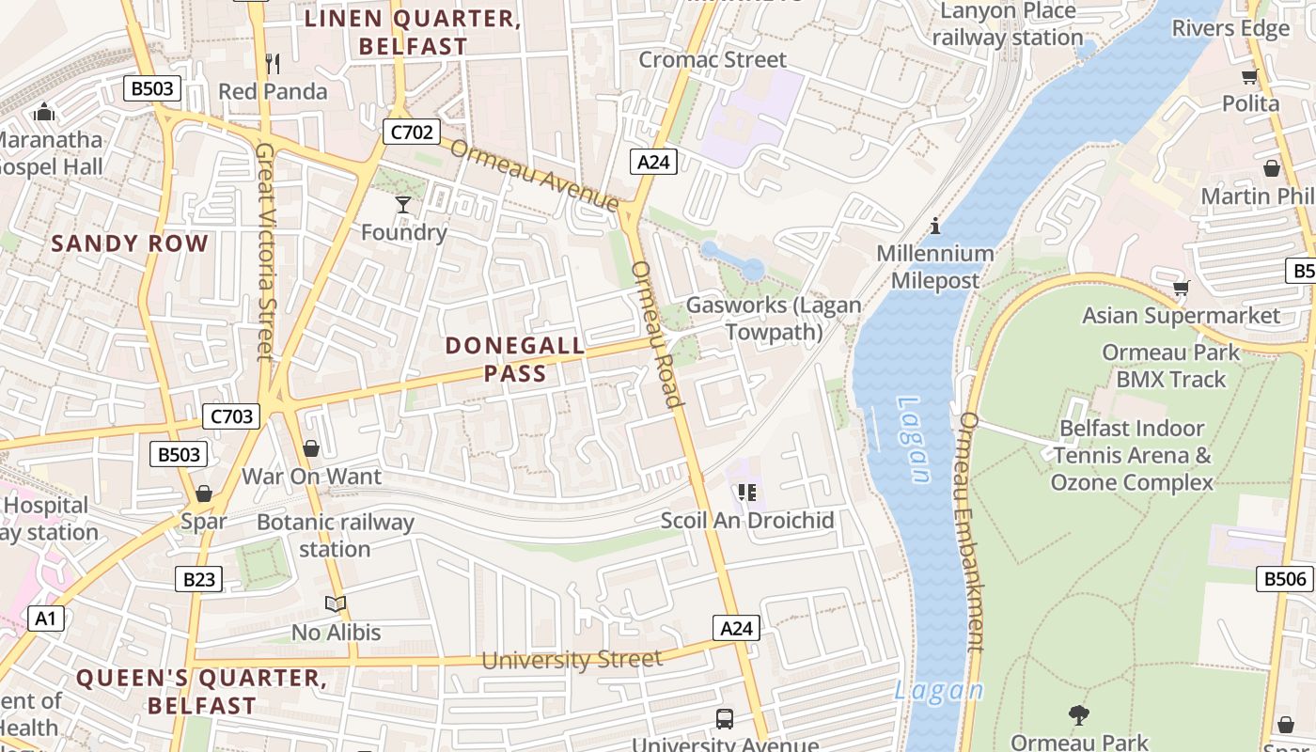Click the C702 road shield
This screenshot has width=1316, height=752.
pos(412,133)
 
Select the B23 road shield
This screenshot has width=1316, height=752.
pos(199,579)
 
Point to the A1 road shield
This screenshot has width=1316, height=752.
pos(45,619)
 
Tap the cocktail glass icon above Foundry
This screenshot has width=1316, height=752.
pos(403,204)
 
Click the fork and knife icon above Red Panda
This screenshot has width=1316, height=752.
pos(273,64)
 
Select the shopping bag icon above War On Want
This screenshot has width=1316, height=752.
pos(311,448)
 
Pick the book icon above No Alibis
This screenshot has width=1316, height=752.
pos(336,604)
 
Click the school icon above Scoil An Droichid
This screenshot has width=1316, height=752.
pos(747,493)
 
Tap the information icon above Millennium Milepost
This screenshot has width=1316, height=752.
pos(935,226)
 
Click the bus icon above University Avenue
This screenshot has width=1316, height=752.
pos(725,719)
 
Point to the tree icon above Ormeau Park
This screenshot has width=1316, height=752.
pos(1079,715)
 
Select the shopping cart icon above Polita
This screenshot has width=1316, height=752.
pos(1249,77)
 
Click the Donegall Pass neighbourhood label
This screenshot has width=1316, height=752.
pos(515,359)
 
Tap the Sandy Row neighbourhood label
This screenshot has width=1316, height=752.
pos(130,243)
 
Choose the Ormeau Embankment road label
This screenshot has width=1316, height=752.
pos(969,531)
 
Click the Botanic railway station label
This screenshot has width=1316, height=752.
pos(336,536)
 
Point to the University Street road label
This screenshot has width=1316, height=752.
pos(572,660)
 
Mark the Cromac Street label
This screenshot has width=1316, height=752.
pos(713,59)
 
